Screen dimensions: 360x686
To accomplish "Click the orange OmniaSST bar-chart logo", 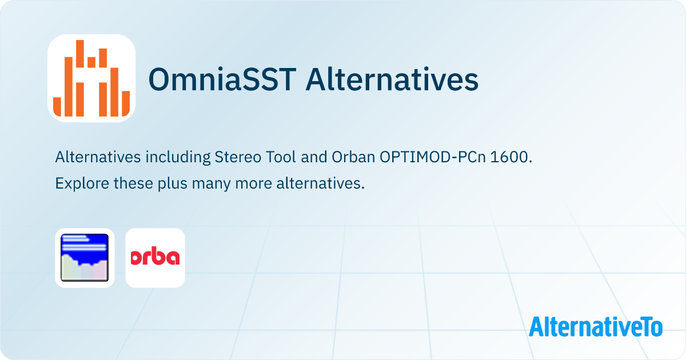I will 91,78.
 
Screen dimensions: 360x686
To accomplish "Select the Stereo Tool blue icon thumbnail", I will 85,258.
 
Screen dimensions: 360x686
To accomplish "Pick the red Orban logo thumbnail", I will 155,258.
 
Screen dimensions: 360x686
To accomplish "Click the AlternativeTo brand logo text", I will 596,327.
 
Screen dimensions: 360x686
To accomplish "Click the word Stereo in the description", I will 236,158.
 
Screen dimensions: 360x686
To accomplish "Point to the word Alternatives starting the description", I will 95,158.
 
